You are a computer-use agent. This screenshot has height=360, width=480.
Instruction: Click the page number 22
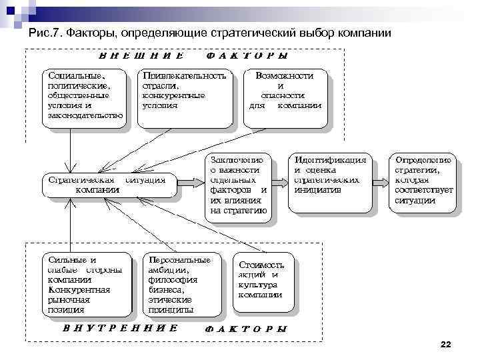(x=446, y=344)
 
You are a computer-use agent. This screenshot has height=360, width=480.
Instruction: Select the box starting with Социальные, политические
(x=85, y=96)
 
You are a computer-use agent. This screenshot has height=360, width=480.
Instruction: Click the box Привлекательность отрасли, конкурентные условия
(x=184, y=96)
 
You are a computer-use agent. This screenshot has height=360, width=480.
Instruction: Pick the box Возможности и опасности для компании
(x=285, y=96)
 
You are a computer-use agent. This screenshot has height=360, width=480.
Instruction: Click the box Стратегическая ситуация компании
(x=107, y=185)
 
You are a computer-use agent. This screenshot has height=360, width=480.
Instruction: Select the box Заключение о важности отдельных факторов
(x=239, y=185)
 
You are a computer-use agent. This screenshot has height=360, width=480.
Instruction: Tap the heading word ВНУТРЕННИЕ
(x=120, y=328)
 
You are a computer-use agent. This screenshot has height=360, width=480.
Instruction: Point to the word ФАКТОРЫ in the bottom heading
(x=246, y=329)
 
